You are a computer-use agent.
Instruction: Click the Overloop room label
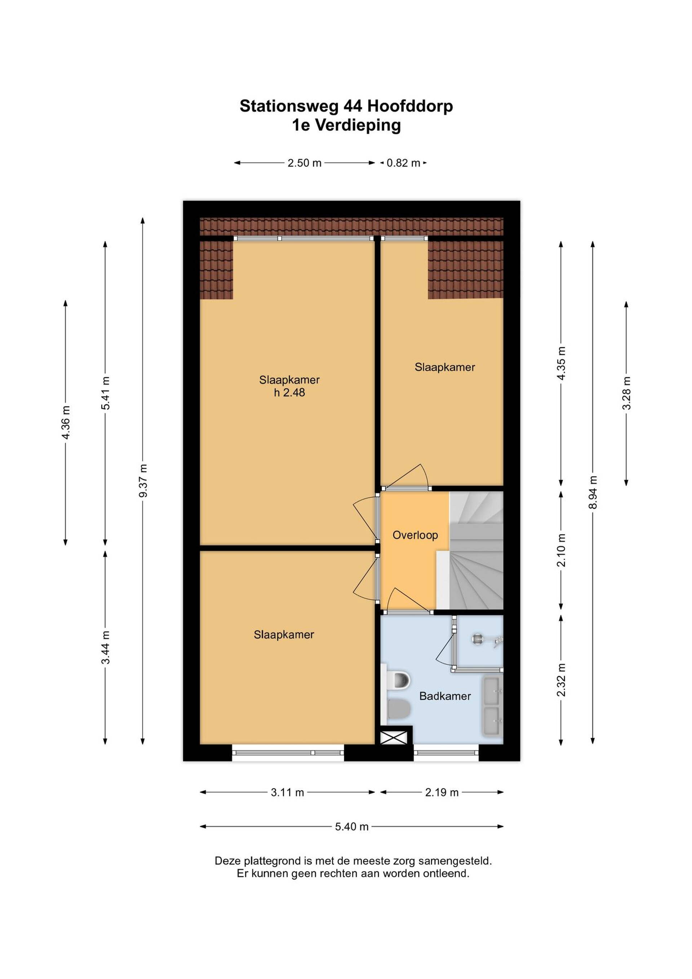click(x=415, y=535)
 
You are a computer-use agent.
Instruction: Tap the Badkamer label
click(x=445, y=696)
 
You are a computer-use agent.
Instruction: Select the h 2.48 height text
click(x=289, y=393)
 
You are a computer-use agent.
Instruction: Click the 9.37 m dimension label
click(x=143, y=481)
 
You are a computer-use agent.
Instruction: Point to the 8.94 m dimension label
click(x=593, y=492)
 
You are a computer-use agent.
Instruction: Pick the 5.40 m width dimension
click(x=351, y=827)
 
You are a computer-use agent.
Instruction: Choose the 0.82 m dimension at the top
click(x=403, y=163)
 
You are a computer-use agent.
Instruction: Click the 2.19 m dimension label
click(x=442, y=792)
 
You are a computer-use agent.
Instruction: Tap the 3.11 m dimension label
click(x=288, y=792)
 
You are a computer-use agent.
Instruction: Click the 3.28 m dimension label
click(x=626, y=393)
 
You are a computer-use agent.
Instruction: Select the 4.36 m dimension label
click(x=66, y=423)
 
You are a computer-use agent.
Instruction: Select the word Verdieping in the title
click(x=358, y=125)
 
